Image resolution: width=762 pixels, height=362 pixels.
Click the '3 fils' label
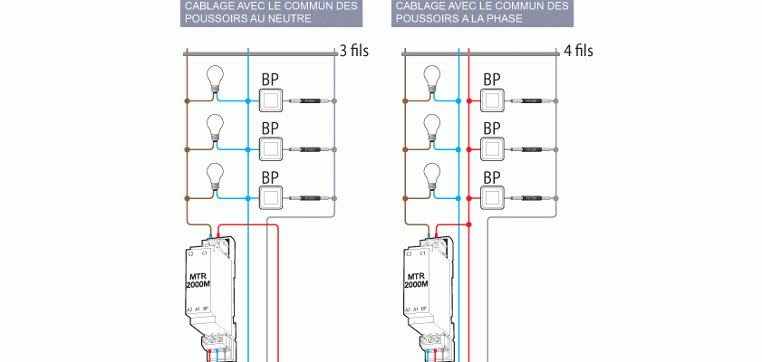[x=353, y=52]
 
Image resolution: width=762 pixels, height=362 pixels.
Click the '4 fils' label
[x=578, y=52]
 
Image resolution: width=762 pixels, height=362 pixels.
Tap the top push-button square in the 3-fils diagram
[x=270, y=100]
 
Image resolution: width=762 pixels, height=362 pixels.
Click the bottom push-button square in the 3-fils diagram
[x=270, y=195]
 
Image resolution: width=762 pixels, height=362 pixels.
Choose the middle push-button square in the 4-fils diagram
[x=492, y=148]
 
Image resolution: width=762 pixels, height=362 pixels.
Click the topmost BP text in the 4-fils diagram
[x=492, y=80]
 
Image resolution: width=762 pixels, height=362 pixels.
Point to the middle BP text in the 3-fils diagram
[x=270, y=128]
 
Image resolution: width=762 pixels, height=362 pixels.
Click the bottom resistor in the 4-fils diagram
[x=531, y=196]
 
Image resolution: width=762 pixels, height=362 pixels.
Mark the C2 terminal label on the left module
[x=190, y=255]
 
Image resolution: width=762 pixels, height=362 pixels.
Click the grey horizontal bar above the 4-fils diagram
[x=480, y=54]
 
